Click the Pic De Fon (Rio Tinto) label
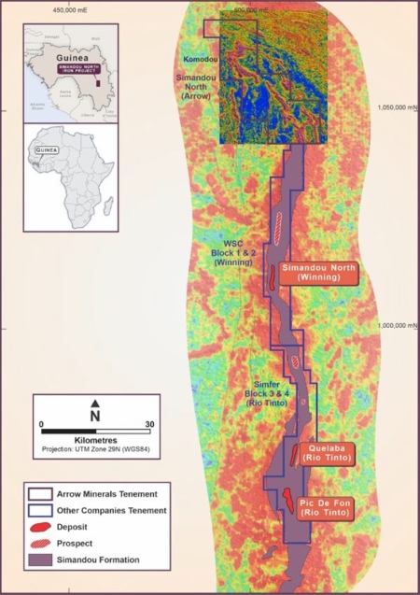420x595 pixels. [325, 510]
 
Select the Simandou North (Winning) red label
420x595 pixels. [320, 273]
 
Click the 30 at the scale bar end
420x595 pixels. [148, 425]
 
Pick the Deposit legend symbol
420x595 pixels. [41, 526]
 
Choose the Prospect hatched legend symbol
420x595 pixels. [41, 543]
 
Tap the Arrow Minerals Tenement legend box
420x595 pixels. [41, 494]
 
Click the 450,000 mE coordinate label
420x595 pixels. [73, 9]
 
